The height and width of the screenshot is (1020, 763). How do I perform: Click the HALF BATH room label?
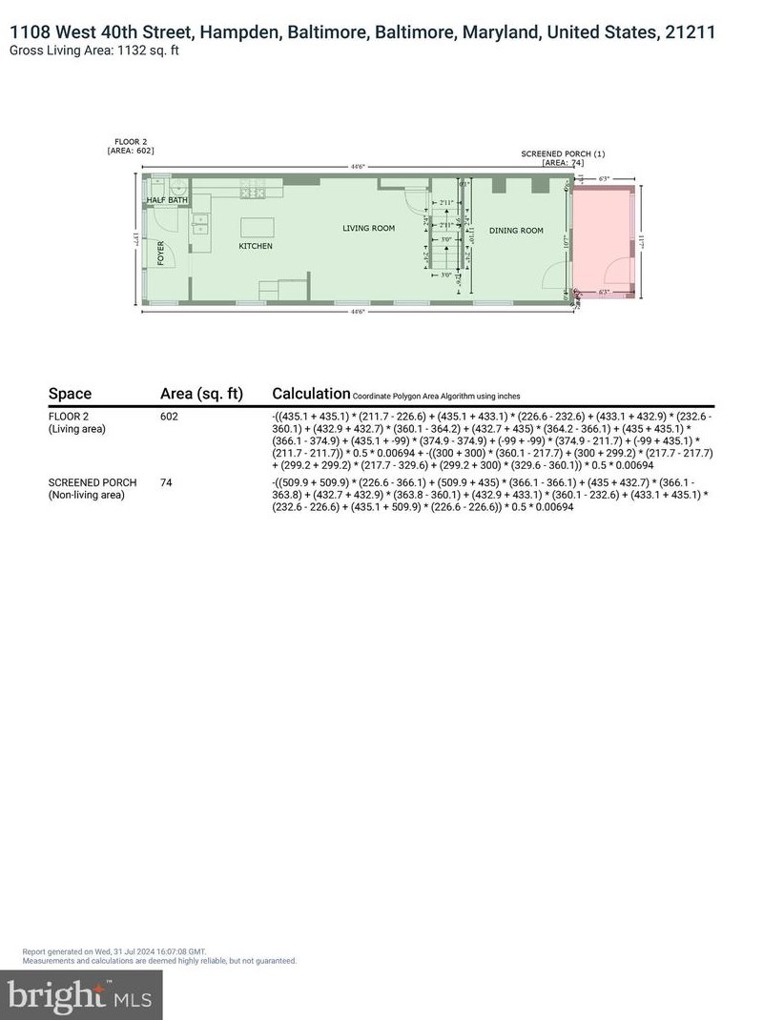[167, 199]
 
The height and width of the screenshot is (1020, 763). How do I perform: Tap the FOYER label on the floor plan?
[161, 253]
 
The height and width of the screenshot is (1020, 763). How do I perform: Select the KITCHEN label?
[256, 246]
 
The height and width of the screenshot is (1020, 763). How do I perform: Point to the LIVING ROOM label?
[369, 228]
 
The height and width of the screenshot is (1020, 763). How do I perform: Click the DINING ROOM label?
[516, 231]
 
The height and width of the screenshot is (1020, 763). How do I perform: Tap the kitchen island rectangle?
[255, 227]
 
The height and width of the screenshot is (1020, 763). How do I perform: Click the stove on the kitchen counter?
[253, 194]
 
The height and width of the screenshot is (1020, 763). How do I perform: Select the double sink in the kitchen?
[200, 225]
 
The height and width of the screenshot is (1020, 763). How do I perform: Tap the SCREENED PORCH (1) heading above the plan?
[563, 153]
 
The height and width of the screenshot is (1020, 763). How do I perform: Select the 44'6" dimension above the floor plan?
[358, 167]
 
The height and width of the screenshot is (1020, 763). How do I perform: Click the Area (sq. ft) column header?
[201, 394]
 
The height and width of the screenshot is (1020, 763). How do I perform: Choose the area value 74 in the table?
[166, 483]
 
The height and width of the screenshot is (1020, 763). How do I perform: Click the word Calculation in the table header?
[311, 394]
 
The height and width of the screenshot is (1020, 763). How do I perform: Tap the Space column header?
[70, 394]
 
